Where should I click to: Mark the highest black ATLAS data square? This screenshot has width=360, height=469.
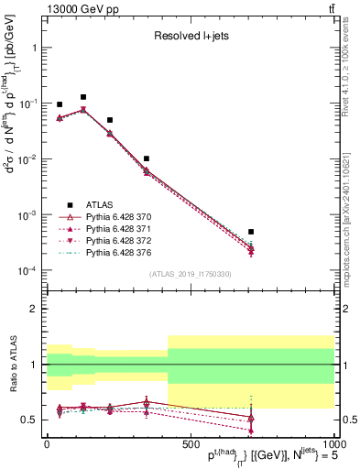click(83, 97)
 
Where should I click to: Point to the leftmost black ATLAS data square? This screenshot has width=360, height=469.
click(60, 105)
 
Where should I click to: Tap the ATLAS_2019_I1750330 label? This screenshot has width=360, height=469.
click(190, 273)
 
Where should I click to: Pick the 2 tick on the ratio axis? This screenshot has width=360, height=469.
click(35, 309)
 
